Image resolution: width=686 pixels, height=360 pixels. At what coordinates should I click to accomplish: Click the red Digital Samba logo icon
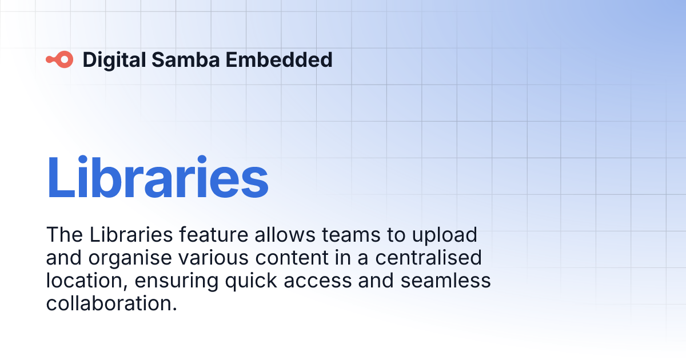(59, 59)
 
